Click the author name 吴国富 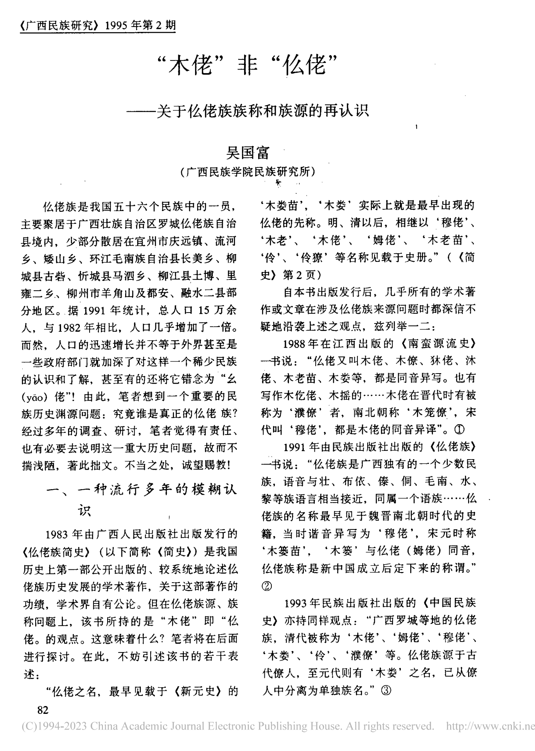coord(248,152)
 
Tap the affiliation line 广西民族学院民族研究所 coord(248,172)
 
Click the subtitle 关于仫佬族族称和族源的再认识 coord(262,111)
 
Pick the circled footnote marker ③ coord(385,691)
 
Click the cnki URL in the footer coord(490,726)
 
